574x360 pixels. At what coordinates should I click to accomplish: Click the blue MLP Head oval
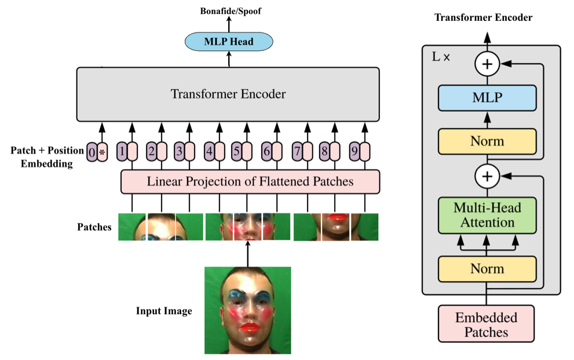pyautogui.click(x=228, y=41)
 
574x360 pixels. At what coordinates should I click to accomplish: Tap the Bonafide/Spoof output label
pyautogui.click(x=228, y=10)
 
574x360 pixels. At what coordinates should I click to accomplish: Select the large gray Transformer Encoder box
pyautogui.click(x=228, y=94)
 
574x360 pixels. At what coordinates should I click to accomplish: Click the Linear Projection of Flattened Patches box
pyautogui.click(x=250, y=181)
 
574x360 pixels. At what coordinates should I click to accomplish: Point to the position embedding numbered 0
pyautogui.click(x=92, y=152)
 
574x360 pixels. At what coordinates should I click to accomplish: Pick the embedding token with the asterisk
pyautogui.click(x=103, y=152)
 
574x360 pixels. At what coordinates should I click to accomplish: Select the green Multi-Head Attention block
pyautogui.click(x=487, y=214)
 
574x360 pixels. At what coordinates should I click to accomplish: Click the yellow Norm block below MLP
pyautogui.click(x=487, y=141)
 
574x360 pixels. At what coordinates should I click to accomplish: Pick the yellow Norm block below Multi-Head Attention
pyautogui.click(x=487, y=269)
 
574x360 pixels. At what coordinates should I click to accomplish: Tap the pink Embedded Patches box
pyautogui.click(x=487, y=325)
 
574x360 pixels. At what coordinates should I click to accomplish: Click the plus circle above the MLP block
pyautogui.click(x=487, y=64)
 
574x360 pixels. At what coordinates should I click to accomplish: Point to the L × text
pyautogui.click(x=442, y=58)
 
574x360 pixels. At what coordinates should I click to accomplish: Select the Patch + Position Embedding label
pyautogui.click(x=47, y=157)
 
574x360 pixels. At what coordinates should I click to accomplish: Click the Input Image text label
pyautogui.click(x=164, y=311)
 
